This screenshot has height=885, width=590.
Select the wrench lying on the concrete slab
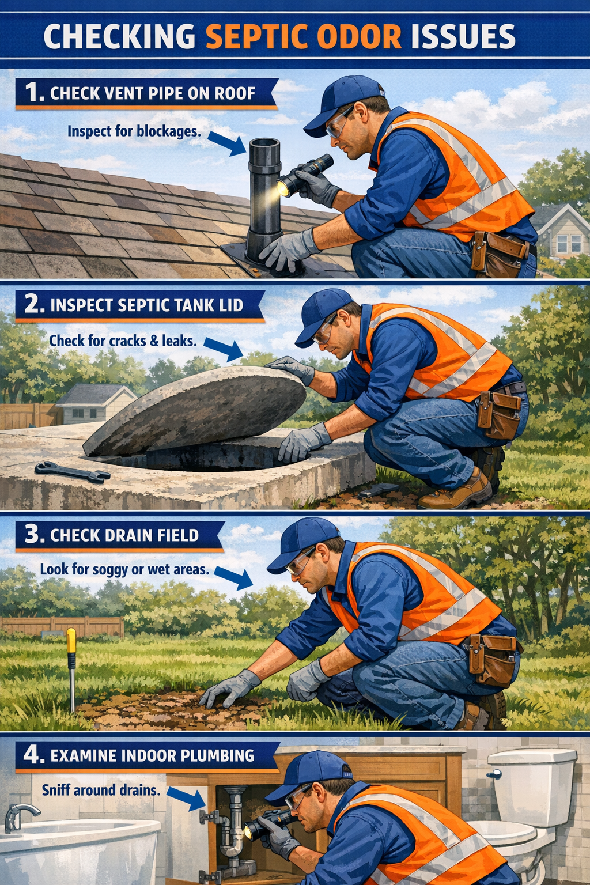pos(73,472)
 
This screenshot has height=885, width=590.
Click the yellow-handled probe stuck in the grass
pos(71,663)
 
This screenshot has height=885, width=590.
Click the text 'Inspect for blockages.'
pos(134,131)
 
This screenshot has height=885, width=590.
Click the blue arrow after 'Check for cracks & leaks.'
pos(224,349)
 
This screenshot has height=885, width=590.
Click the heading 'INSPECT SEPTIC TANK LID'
pos(146,305)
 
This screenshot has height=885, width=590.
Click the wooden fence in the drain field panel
pos(63,626)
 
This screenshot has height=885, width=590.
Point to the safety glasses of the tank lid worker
pos(323,332)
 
